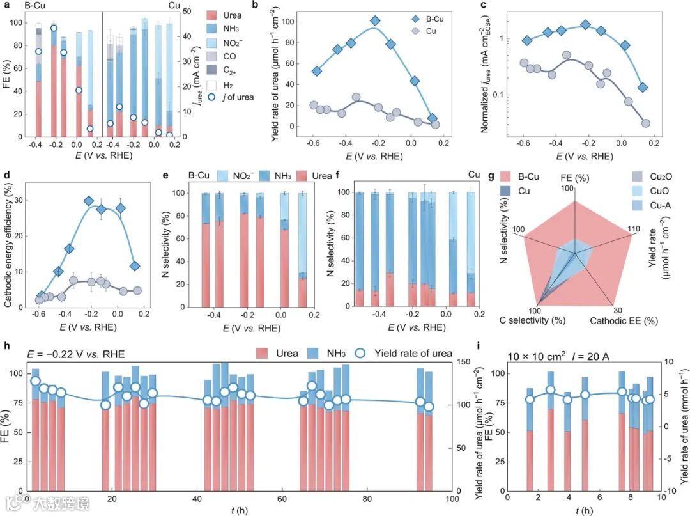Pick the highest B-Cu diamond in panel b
coord(376,21)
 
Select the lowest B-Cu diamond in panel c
coord(642,87)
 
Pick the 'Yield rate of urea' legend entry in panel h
coord(407,353)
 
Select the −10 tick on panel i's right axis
coord(673,491)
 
